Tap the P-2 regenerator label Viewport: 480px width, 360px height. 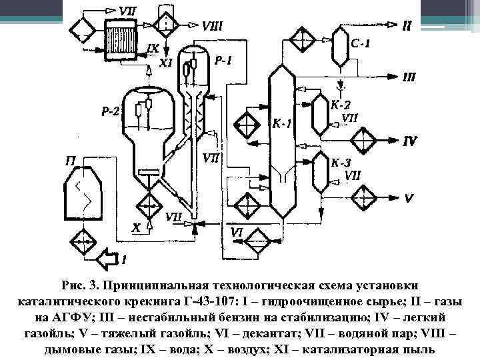[111, 112]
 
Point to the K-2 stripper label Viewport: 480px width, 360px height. [341, 105]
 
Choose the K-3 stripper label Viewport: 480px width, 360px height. [341, 163]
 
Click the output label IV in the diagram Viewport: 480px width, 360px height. [409, 141]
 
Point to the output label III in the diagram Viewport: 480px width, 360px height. [409, 77]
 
